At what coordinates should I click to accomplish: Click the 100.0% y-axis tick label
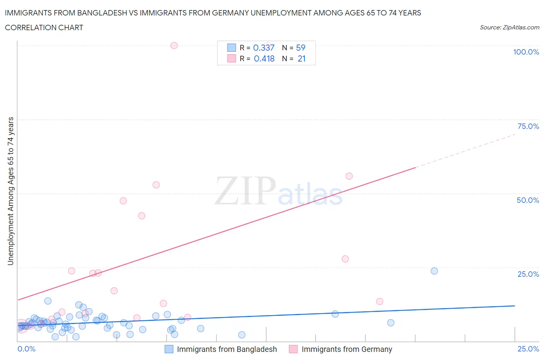(x=526, y=52)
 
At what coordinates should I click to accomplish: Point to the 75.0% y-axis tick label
(x=528, y=126)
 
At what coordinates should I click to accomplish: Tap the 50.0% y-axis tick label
(x=528, y=200)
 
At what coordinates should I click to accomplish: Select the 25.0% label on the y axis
(x=528, y=274)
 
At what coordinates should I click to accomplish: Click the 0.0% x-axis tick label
(x=27, y=349)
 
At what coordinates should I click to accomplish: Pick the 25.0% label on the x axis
(x=528, y=349)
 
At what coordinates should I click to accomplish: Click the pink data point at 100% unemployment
(x=174, y=45)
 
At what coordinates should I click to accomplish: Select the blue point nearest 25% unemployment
(x=434, y=271)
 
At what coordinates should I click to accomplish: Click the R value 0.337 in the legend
(x=263, y=48)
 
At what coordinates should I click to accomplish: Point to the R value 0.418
(x=264, y=58)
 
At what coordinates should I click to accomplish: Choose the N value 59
(x=301, y=48)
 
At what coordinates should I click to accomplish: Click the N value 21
(x=301, y=58)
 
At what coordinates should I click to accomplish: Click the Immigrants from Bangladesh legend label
(x=227, y=349)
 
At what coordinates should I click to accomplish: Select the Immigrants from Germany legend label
(x=347, y=349)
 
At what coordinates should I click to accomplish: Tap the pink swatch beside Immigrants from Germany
(x=293, y=349)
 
